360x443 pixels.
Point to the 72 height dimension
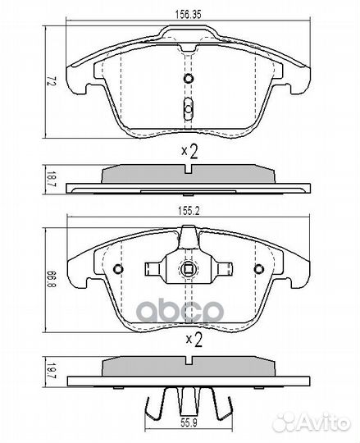pyautogui.click(x=50, y=82)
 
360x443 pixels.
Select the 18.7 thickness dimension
pyautogui.click(x=50, y=176)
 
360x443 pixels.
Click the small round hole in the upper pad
pyautogui.click(x=189, y=79)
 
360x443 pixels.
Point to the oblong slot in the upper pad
pyautogui.click(x=189, y=107)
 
